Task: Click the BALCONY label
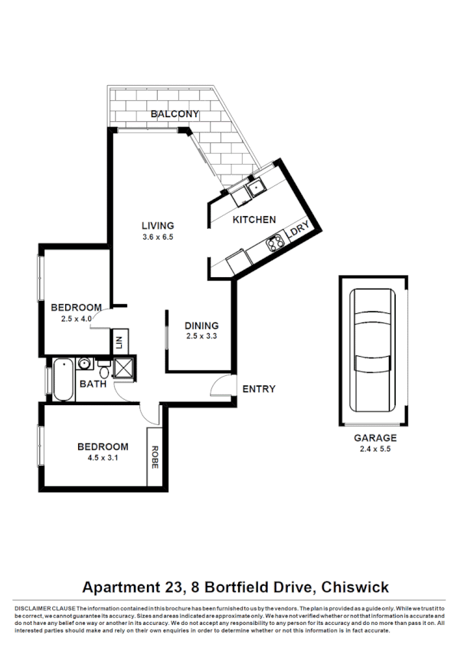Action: [175, 114]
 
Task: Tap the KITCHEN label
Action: [254, 220]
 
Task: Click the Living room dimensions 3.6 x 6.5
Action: [158, 237]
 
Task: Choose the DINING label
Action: [202, 325]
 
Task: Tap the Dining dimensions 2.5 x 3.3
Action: [202, 335]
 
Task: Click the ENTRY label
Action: [258, 389]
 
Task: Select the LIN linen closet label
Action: [119, 342]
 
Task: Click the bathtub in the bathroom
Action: [64, 380]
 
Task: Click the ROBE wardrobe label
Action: [155, 456]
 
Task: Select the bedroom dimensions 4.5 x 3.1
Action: [102, 459]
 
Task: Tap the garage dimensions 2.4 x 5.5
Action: [375, 450]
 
